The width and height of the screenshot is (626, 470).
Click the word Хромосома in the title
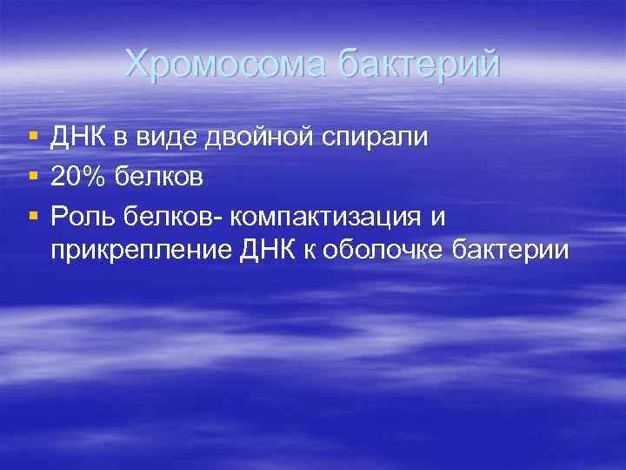click(x=225, y=64)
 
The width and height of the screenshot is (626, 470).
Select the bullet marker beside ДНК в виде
click(x=32, y=138)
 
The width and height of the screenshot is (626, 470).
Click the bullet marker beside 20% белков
click(x=32, y=178)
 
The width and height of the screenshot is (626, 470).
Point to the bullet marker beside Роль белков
click(x=32, y=217)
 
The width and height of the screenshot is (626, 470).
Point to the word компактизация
click(x=327, y=217)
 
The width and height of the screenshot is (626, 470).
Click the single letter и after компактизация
click(x=436, y=217)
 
